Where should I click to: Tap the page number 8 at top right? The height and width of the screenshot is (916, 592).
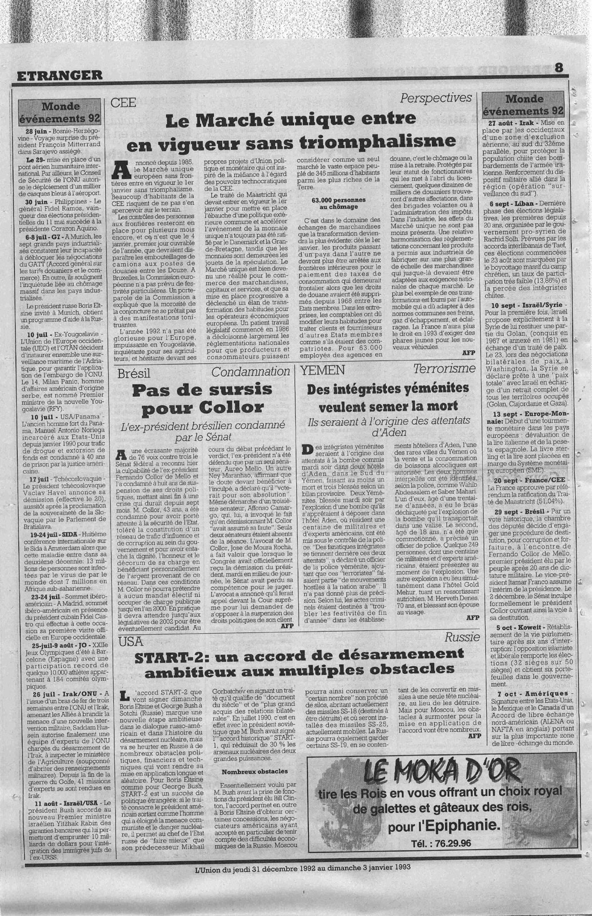558,67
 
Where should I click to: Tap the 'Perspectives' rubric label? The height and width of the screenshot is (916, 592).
436,98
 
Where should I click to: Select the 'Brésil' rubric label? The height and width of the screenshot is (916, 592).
133,373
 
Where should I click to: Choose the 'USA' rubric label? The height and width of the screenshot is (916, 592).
129,642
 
